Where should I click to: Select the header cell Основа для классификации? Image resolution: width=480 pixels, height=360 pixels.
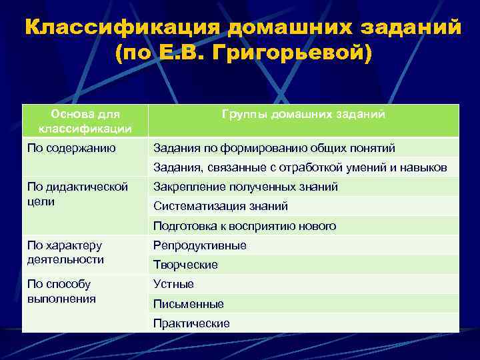tap(85, 121)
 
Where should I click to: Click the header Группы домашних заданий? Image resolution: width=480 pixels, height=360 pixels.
tap(303, 114)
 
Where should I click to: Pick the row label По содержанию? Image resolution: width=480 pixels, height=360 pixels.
tap(71, 147)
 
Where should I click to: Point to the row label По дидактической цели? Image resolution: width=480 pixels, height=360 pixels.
tap(77, 193)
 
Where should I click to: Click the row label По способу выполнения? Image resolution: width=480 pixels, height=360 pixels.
tap(62, 291)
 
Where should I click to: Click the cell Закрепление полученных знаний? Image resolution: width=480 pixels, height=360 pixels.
tap(245, 187)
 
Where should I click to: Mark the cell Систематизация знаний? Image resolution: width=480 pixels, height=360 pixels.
tap(221, 206)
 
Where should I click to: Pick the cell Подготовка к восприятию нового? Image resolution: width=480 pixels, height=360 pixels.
tap(245, 226)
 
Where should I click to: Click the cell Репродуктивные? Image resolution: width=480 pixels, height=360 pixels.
tap(200, 245)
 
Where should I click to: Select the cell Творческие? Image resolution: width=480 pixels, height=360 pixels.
tap(185, 265)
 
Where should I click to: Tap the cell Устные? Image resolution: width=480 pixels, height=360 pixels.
tap(174, 284)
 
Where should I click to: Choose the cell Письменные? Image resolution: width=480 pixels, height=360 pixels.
tap(189, 304)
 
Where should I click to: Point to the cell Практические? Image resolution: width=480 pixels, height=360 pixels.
tap(191, 323)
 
